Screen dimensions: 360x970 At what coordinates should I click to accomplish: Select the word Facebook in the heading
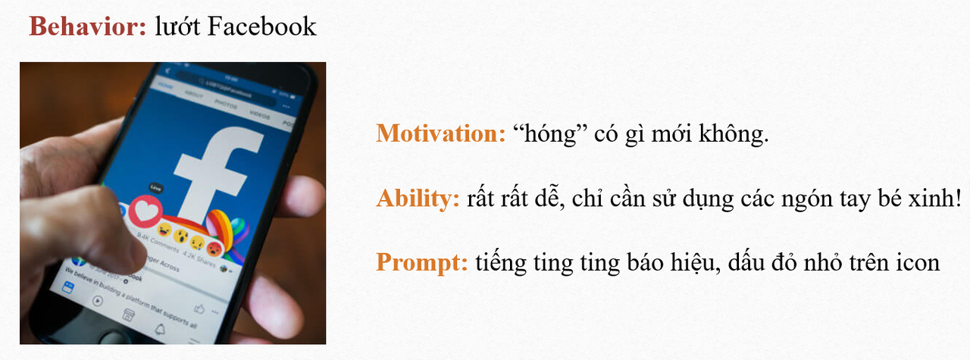click(x=261, y=27)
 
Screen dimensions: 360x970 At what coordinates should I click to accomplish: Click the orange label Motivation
click(x=440, y=134)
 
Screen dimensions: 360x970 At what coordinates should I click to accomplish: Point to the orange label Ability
click(x=418, y=199)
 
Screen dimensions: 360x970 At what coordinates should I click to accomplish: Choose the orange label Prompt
click(x=422, y=262)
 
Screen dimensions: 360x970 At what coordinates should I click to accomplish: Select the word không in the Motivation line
click(x=734, y=135)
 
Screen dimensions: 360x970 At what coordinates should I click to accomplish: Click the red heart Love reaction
click(x=145, y=212)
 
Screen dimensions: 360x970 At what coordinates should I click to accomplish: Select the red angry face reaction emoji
click(x=216, y=247)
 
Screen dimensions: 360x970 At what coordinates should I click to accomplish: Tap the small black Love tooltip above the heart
click(x=156, y=186)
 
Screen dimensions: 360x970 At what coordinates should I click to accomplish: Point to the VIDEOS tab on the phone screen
click(x=260, y=115)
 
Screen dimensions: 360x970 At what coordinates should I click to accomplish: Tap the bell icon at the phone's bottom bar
click(x=160, y=328)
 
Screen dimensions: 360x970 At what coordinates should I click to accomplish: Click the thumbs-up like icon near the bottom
click(x=199, y=308)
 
